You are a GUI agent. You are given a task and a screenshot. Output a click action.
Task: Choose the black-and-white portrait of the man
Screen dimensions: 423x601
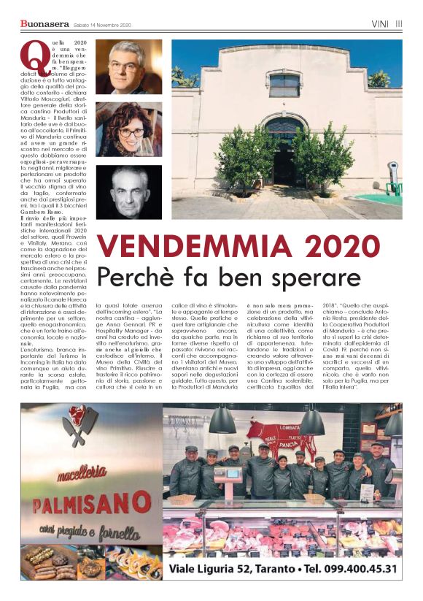128,191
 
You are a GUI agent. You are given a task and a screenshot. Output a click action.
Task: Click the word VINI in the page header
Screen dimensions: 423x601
379,23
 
